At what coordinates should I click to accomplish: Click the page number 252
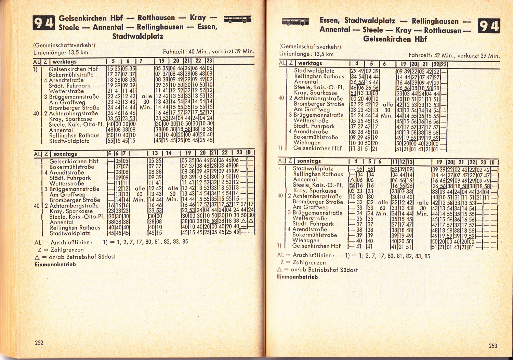click(39, 343)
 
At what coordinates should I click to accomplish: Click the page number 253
click(493, 346)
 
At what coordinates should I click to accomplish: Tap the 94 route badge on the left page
click(43, 23)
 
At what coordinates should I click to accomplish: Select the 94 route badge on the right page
click(489, 26)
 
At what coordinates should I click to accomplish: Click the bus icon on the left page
click(237, 19)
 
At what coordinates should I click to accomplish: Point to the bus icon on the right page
click(295, 22)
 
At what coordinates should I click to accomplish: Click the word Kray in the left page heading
click(198, 17)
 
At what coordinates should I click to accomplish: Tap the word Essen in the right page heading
click(329, 21)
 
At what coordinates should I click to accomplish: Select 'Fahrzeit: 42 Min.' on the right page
click(431, 55)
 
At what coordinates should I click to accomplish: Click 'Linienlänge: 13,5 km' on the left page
click(61, 53)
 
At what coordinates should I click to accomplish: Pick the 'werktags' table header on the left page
click(65, 62)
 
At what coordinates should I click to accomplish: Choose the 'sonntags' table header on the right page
click(309, 161)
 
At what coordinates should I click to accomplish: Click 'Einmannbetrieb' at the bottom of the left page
click(55, 264)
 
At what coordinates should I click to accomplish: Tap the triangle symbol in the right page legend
click(279, 270)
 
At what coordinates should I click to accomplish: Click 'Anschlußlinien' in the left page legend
click(71, 242)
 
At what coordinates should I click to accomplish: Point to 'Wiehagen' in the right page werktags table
click(307, 143)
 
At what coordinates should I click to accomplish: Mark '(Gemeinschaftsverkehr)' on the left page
click(64, 45)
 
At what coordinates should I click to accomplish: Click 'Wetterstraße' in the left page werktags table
click(66, 91)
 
